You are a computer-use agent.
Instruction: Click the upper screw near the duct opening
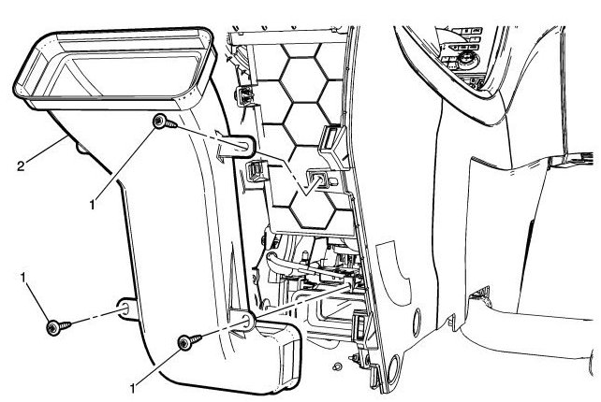(161, 122)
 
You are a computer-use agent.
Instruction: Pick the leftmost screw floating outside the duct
(55, 326)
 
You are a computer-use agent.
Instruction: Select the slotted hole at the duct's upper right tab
(239, 146)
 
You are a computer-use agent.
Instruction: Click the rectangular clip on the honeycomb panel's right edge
(330, 139)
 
